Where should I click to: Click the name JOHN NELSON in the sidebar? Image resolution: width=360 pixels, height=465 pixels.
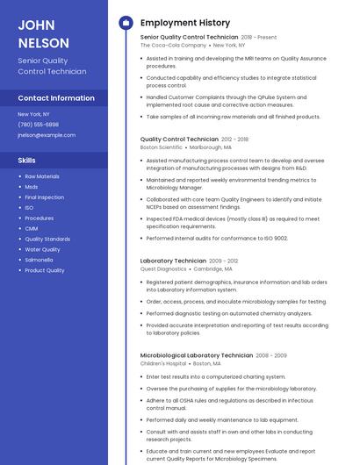click(x=43, y=33)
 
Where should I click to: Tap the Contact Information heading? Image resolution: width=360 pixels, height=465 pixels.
click(x=56, y=98)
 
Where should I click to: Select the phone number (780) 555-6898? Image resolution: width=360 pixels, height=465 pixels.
click(x=38, y=125)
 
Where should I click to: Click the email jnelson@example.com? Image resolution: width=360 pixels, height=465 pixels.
click(x=47, y=135)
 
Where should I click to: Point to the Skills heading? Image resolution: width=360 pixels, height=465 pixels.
click(x=27, y=161)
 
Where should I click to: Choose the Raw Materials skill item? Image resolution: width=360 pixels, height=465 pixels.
click(x=42, y=176)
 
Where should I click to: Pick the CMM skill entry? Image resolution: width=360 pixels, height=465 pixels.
click(x=31, y=228)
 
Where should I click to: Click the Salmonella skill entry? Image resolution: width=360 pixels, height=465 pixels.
click(x=39, y=260)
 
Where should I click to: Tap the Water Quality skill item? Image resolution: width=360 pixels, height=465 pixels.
click(x=42, y=249)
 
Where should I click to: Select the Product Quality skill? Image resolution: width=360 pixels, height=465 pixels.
click(x=44, y=270)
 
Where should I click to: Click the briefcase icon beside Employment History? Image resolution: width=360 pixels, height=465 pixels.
click(x=126, y=23)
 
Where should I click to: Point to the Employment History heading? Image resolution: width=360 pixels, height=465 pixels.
click(x=185, y=23)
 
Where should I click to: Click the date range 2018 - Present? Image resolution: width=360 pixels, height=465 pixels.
click(x=258, y=37)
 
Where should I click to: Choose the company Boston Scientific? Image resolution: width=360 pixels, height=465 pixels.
click(x=162, y=147)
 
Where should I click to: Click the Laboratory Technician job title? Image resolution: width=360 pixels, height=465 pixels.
click(x=173, y=261)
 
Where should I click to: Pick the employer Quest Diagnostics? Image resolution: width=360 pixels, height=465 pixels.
click(x=163, y=269)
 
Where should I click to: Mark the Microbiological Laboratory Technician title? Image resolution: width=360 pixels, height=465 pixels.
click(x=197, y=354)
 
